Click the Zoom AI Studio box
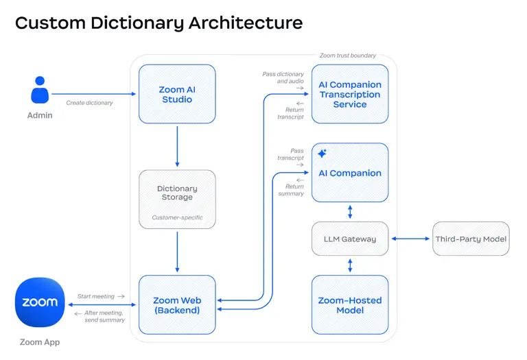pos(177,94)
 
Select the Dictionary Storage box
pos(177,200)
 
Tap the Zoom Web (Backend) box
pos(177,305)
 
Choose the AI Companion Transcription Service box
pos(350,94)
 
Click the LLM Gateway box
pos(350,239)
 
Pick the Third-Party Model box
pos(471,239)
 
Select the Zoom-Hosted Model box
pos(350,305)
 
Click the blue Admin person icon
pos(40,90)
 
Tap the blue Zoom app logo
pos(40,302)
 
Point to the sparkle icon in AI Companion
pos(322,154)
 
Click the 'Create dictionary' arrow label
pos(89,103)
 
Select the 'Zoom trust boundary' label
pos(347,56)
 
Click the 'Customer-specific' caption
pos(177,217)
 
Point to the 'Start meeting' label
pos(96,296)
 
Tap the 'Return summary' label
pos(292,190)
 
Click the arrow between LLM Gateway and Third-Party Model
pos(411,239)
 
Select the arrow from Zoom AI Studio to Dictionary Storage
pos(177,147)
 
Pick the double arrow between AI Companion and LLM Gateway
pos(350,212)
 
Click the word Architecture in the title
pos(246,23)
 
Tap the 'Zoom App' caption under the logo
pos(40,342)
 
